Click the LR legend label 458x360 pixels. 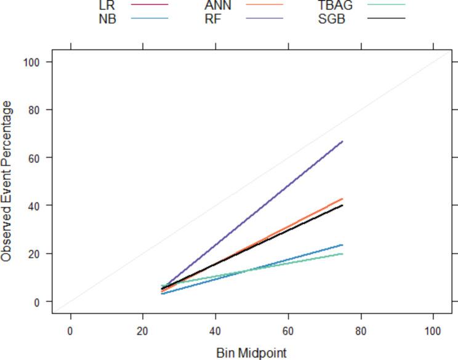106,5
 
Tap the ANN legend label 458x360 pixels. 218,5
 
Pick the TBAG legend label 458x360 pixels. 335,5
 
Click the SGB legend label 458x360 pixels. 332,18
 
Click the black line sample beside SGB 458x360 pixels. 387,18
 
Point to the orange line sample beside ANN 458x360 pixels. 264,5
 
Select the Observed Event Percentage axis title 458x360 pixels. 7,182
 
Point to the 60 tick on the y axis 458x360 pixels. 36,158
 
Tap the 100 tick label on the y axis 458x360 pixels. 33,62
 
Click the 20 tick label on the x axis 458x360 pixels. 143,331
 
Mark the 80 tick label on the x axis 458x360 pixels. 360,331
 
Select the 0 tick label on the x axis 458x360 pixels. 70,331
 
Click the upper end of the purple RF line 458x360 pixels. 342,142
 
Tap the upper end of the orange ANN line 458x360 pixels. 342,199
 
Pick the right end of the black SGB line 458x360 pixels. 342,206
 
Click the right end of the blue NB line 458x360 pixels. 342,245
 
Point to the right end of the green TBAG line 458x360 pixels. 342,254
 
